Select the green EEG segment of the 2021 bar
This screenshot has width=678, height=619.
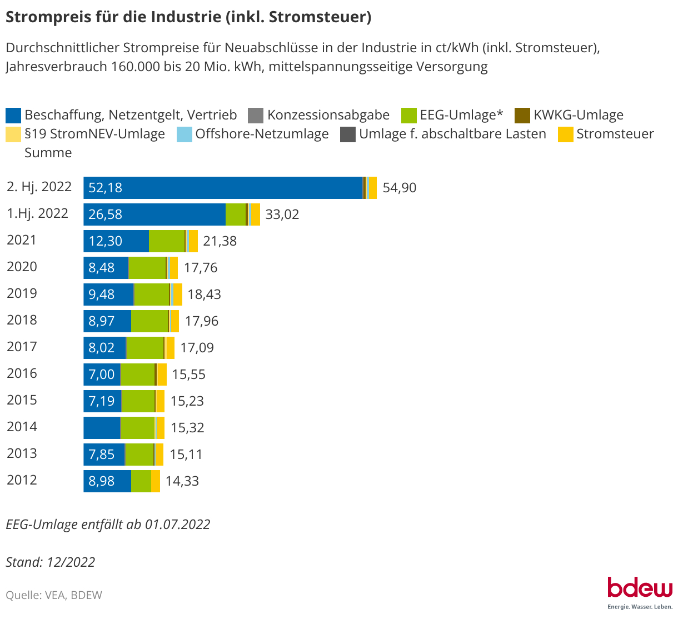click(x=167, y=241)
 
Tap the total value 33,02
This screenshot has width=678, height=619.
click(x=282, y=214)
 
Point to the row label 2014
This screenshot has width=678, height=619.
click(x=22, y=427)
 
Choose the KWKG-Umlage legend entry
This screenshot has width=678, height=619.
click(x=578, y=115)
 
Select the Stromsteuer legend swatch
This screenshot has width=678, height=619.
click(x=565, y=134)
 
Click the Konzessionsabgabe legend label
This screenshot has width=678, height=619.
click(x=328, y=115)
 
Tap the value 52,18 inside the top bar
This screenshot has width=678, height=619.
click(x=105, y=188)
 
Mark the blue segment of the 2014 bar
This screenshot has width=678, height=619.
click(x=102, y=428)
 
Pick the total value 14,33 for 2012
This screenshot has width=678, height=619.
click(x=182, y=481)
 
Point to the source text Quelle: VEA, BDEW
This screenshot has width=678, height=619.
click(x=54, y=595)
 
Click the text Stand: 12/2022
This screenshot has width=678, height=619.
click(x=51, y=562)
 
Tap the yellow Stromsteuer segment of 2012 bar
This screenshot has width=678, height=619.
click(x=156, y=481)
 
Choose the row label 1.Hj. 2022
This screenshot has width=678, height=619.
click(x=37, y=213)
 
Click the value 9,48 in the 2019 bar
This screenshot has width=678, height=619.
click(x=102, y=294)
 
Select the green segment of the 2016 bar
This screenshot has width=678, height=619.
click(x=137, y=375)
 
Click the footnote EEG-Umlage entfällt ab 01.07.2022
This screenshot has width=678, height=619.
click(x=108, y=525)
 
